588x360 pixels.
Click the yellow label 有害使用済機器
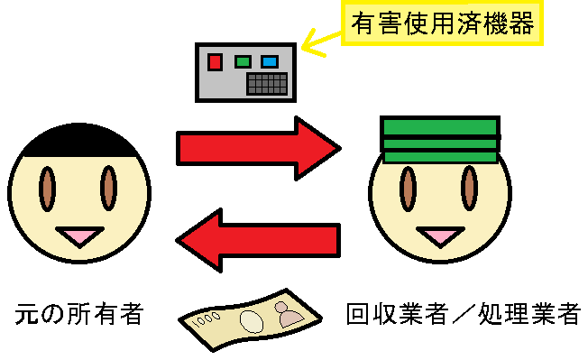(x=442, y=23)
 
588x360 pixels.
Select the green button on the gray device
(x=242, y=62)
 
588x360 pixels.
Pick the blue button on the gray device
(x=269, y=62)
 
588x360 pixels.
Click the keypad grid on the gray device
(x=268, y=85)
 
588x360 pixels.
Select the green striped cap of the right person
(x=439, y=140)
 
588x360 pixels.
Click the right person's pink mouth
(x=439, y=236)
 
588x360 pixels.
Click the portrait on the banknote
(x=290, y=315)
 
